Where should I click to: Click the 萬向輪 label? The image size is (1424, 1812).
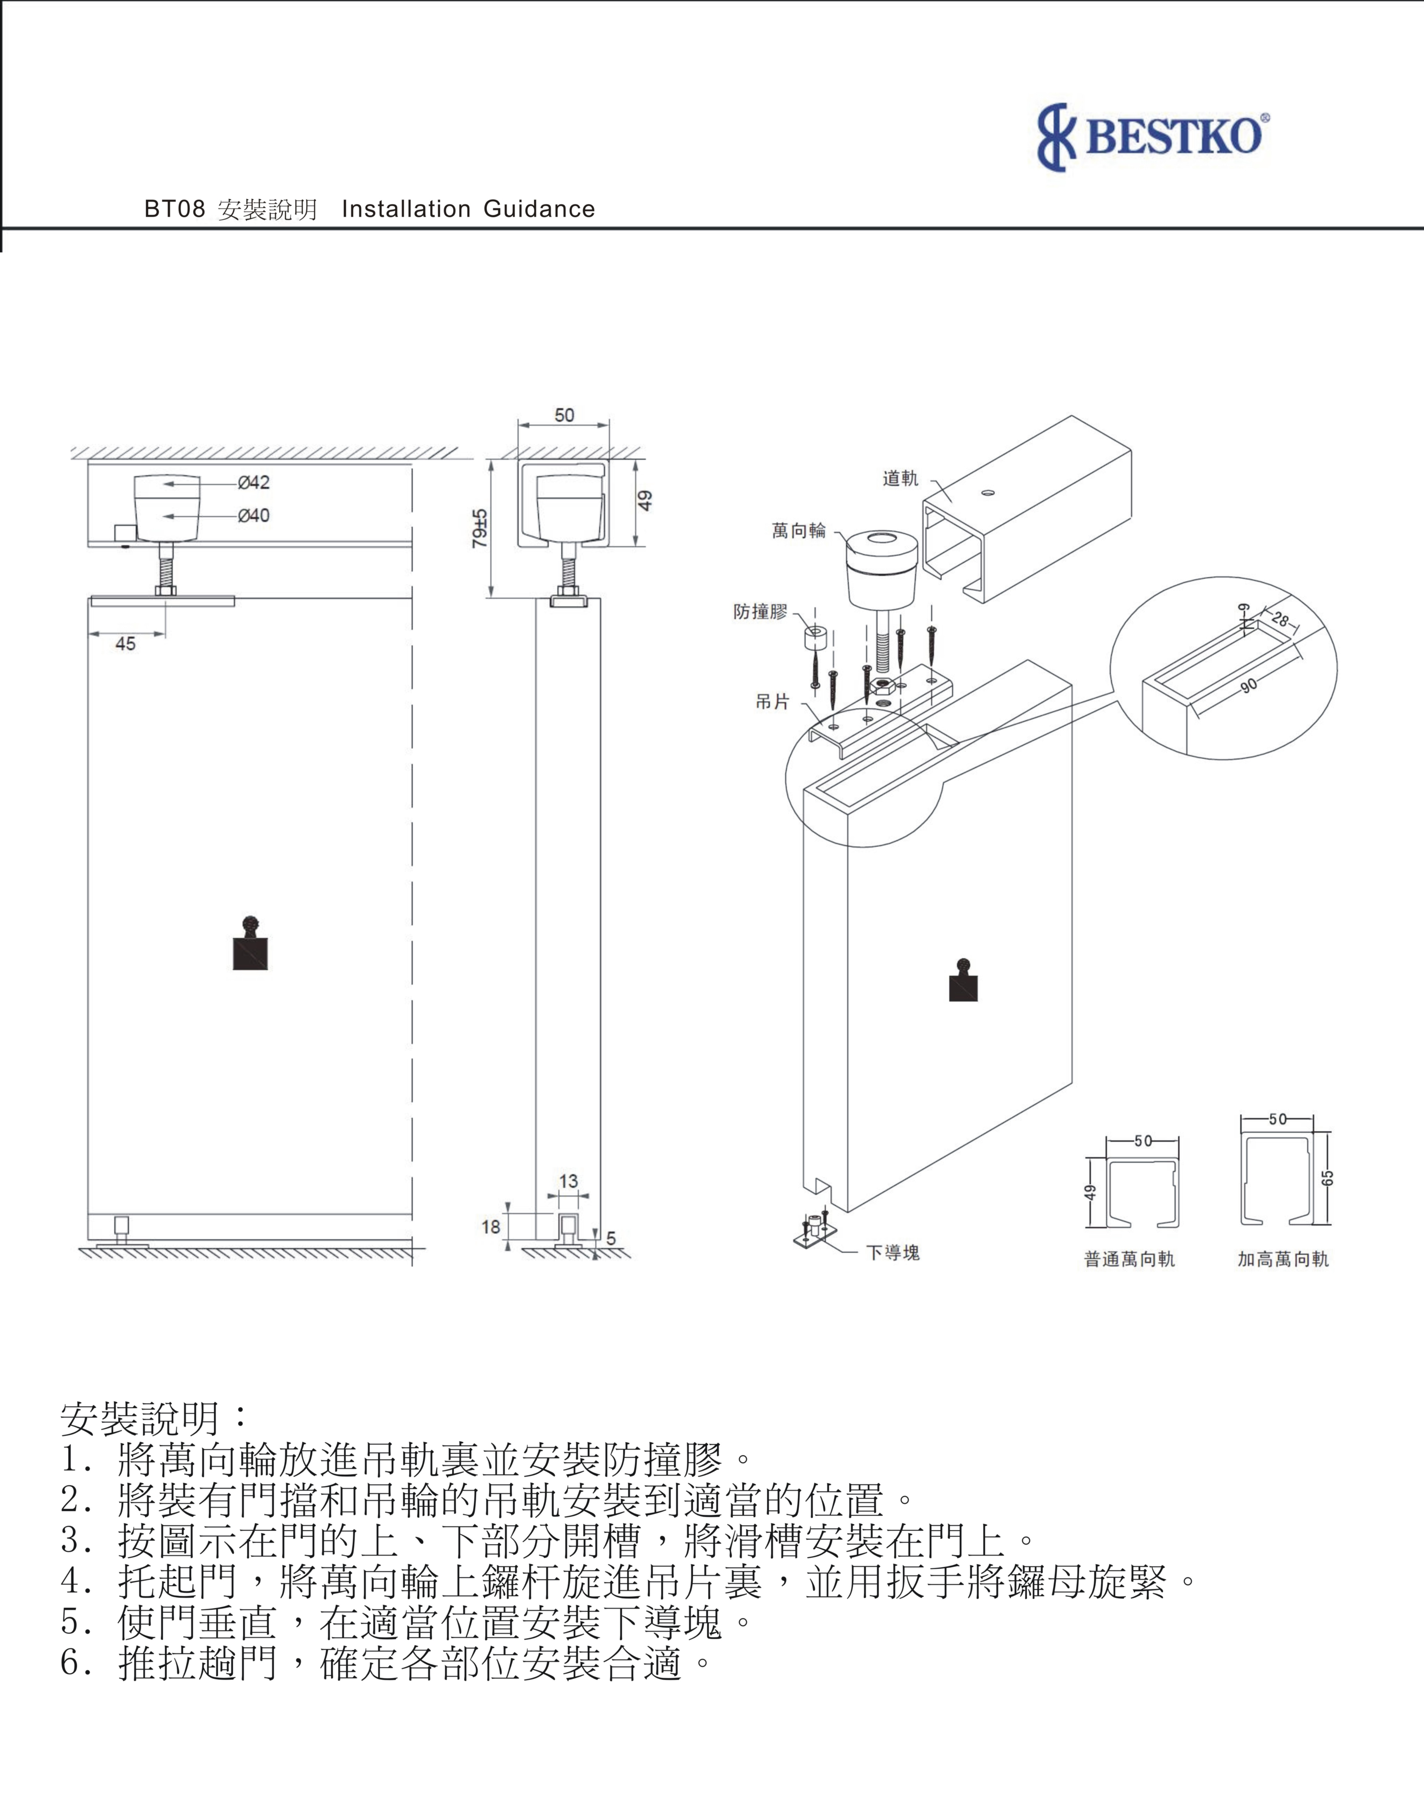(798, 530)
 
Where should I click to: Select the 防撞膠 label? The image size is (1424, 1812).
(760, 611)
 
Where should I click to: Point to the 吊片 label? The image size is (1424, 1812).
(772, 702)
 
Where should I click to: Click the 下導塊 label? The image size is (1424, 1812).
(892, 1252)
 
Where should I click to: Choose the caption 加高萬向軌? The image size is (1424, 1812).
(1282, 1259)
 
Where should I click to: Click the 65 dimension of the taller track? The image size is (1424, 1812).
(1328, 1177)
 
